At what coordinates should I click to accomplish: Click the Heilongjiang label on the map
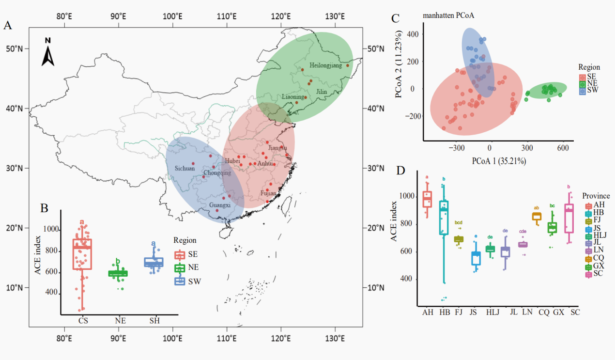click(325, 65)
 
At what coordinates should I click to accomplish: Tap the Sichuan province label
click(184, 169)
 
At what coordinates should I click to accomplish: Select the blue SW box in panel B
click(154, 262)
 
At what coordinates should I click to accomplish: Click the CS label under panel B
click(83, 321)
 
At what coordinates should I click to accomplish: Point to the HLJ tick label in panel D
click(493, 312)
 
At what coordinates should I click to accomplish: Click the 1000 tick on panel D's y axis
click(407, 197)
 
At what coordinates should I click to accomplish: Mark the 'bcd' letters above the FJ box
click(458, 223)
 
